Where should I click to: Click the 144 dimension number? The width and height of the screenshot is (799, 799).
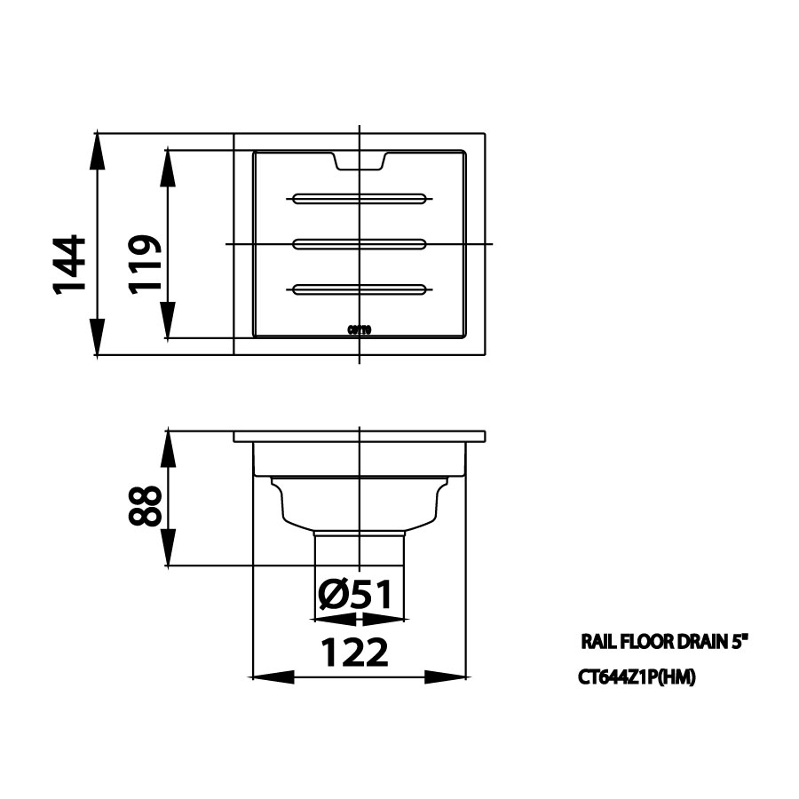tap(67, 265)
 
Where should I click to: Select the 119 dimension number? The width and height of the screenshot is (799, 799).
tap(144, 264)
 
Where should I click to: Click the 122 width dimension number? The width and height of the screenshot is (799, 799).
tap(354, 653)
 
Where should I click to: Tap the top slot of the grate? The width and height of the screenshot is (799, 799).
tap(360, 198)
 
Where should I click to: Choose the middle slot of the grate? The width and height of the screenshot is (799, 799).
tap(360, 241)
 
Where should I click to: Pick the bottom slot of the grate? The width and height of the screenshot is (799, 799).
tap(360, 289)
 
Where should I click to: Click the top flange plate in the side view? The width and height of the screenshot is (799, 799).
tap(360, 438)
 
